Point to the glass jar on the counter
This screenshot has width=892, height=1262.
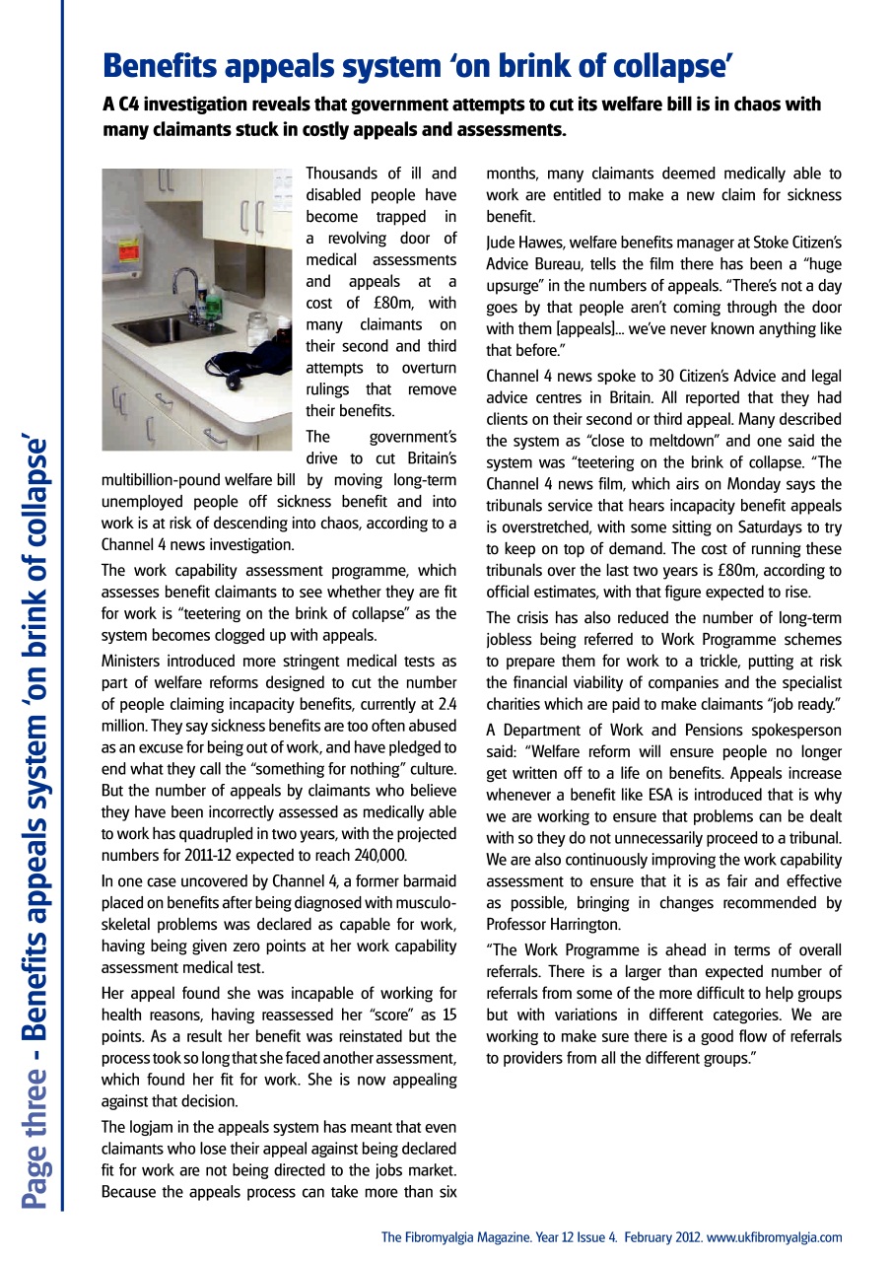pos(258,328)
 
